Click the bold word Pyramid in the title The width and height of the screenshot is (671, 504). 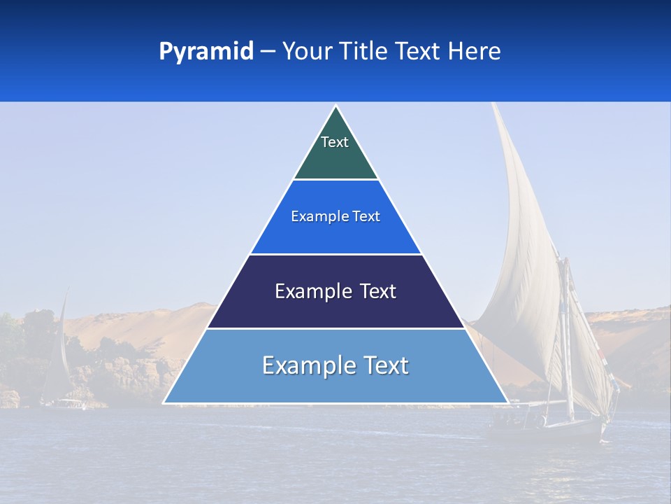coord(205,52)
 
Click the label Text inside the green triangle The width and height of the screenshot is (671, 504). coord(334,142)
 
